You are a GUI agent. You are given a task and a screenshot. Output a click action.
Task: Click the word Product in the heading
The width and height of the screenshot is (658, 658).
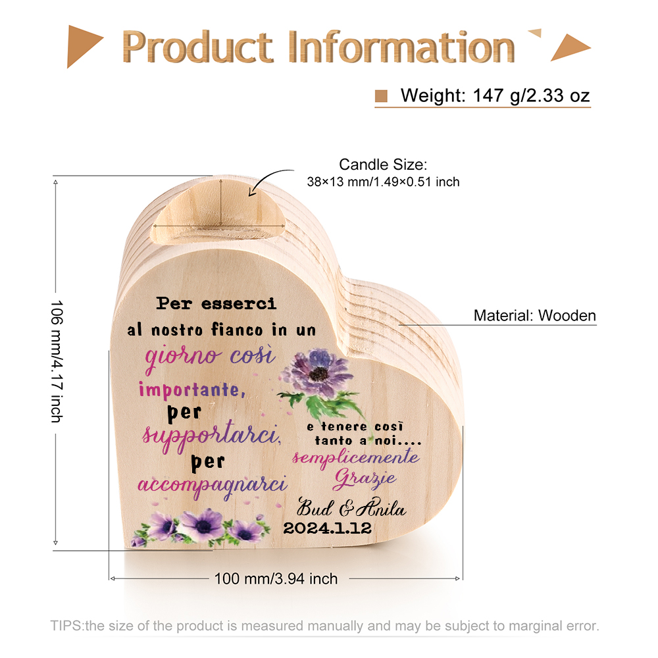[197, 47]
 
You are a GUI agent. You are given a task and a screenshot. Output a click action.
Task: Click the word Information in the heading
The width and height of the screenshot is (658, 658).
[401, 47]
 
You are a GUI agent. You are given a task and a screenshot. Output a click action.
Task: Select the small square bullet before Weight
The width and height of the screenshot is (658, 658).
[381, 96]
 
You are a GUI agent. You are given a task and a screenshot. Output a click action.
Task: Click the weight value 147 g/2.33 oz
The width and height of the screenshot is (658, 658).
[531, 95]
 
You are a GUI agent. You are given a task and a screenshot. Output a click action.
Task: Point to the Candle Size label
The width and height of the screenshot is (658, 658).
[383, 164]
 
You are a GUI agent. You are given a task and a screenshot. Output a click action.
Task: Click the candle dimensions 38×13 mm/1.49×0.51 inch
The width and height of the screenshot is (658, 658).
[383, 182]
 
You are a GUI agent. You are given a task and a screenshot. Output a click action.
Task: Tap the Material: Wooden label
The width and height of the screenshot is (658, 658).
[534, 316]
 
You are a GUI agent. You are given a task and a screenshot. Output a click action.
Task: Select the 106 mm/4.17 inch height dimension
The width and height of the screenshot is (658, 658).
[56, 361]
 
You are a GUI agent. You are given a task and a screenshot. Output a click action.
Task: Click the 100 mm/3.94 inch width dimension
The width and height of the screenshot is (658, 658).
[276, 578]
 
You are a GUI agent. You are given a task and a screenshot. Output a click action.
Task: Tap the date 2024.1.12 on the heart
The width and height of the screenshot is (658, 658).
[327, 528]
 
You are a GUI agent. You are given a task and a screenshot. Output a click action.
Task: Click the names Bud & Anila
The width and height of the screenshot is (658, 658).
[351, 507]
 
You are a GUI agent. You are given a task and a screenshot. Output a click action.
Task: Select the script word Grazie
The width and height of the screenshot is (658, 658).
[365, 479]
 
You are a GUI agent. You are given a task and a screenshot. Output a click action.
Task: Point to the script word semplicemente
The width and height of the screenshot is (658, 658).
[356, 457]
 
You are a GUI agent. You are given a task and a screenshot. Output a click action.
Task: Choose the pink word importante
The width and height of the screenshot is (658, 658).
[191, 390]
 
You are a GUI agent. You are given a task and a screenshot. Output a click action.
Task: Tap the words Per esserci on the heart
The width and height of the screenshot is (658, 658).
[216, 303]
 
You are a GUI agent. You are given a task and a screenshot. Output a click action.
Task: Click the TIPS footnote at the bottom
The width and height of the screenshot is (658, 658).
[324, 626]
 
